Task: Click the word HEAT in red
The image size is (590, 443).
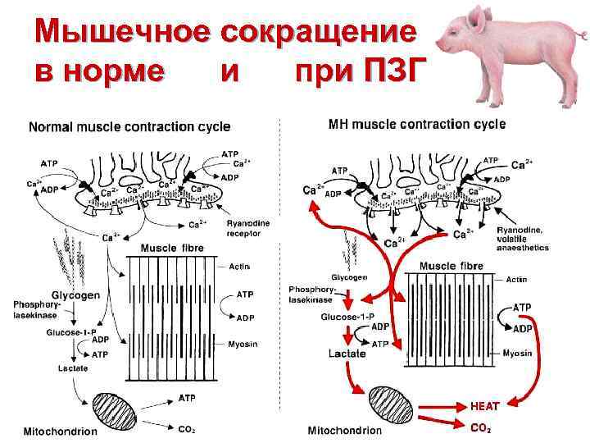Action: click(x=485, y=404)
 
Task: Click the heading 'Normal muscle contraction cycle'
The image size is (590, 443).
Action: click(x=129, y=127)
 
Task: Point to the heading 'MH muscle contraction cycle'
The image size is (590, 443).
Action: click(x=417, y=125)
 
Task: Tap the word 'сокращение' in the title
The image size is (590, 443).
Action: click(x=320, y=30)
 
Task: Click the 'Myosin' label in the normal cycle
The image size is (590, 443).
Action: click(x=242, y=345)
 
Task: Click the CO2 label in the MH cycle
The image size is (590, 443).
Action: click(x=482, y=427)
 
